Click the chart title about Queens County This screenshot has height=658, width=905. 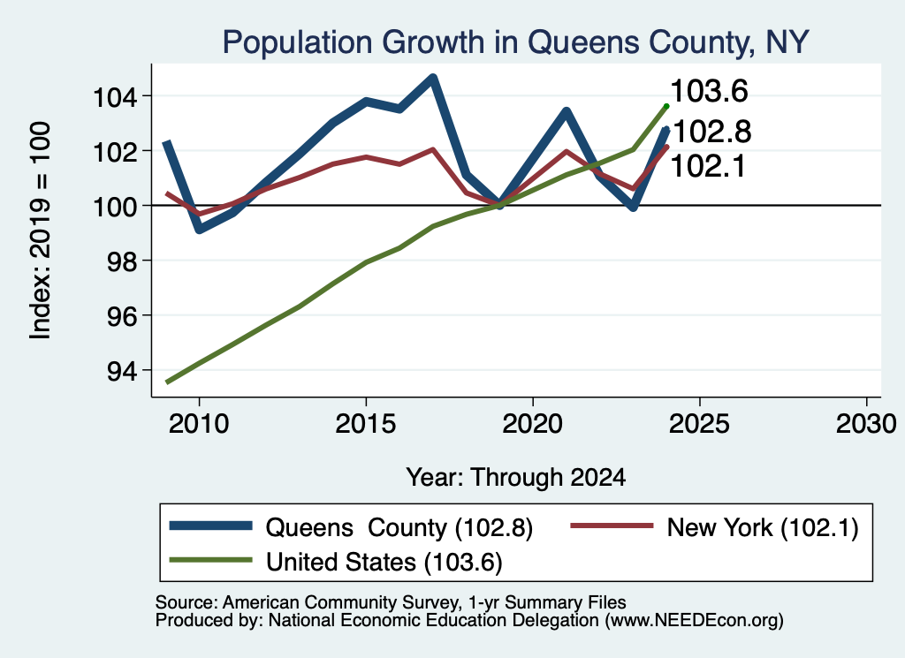click(515, 42)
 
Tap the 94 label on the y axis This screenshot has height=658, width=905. click(122, 371)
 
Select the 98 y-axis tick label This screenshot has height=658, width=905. click(122, 261)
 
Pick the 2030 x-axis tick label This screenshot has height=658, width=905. click(866, 424)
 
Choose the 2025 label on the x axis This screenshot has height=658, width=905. click(700, 424)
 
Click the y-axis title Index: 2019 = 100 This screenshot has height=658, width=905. click(41, 231)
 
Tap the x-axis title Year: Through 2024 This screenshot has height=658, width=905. click(516, 478)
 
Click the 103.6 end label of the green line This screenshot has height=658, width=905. click(710, 91)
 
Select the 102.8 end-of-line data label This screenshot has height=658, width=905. click(712, 132)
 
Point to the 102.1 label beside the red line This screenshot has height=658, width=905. click(708, 167)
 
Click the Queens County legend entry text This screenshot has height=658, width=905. click(399, 527)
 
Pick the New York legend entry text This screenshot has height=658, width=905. click(763, 527)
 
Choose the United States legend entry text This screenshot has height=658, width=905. click(384, 563)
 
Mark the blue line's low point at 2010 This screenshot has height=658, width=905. click(199, 229)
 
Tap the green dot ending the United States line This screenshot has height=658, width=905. click(666, 106)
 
